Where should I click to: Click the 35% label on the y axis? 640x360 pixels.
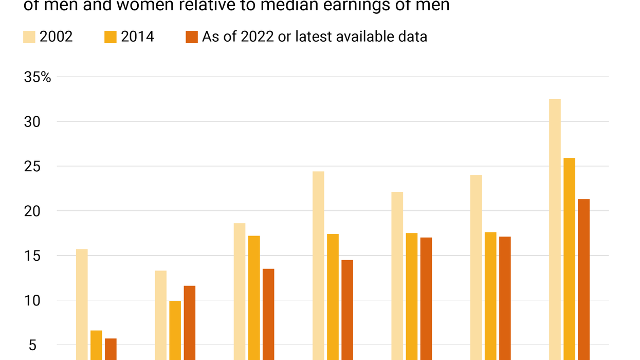pos(38,77)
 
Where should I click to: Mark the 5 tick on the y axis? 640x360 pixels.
pos(32,345)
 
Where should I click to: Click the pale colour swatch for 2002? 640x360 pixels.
pos(29,37)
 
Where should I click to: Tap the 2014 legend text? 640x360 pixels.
pos(137,37)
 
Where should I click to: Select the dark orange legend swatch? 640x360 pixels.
pos(192,37)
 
